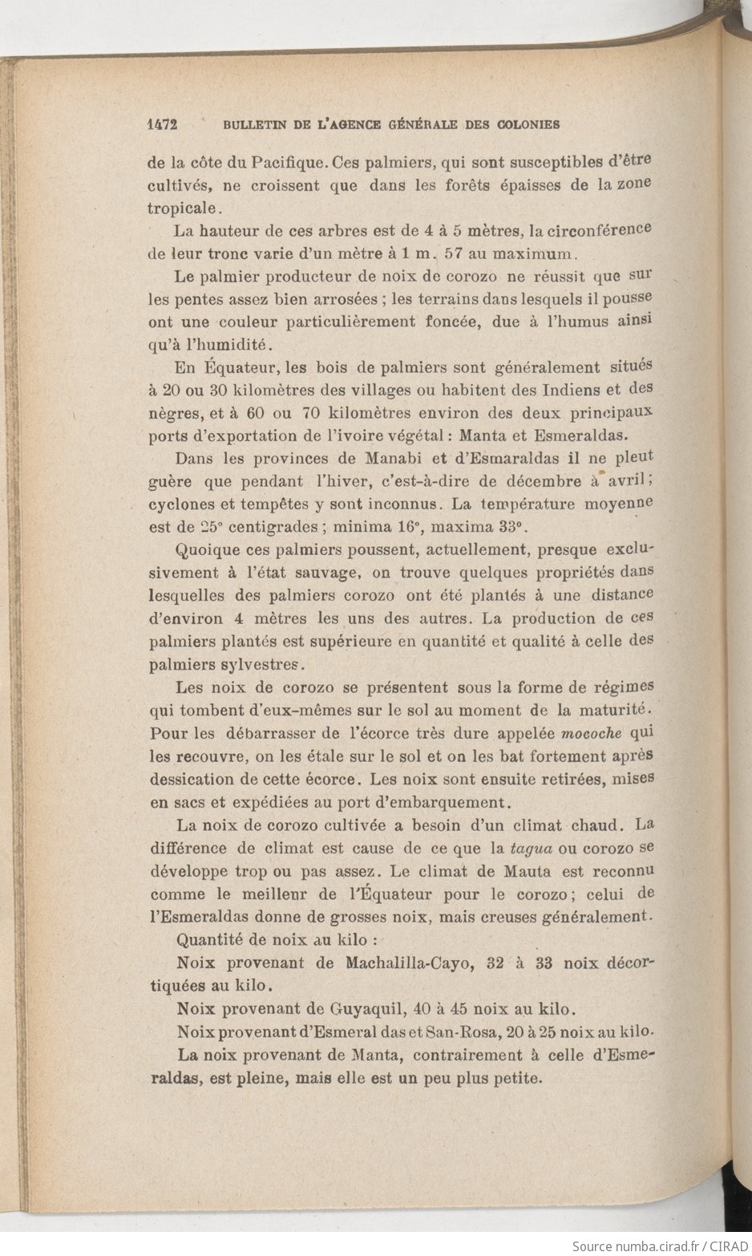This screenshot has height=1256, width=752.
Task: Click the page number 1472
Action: click(162, 124)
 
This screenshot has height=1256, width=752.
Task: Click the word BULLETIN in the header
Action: click(254, 124)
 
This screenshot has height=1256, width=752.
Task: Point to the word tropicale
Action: click(180, 208)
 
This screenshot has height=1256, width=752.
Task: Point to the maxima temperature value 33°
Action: click(507, 528)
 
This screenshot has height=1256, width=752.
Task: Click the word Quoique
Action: click(204, 551)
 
